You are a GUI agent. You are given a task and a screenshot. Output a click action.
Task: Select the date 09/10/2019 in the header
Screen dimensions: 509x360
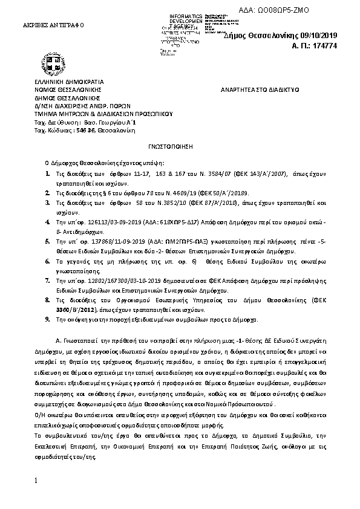pyautogui.click(x=330, y=36)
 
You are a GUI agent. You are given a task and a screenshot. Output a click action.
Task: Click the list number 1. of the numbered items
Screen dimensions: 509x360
pyautogui.click(x=49, y=173)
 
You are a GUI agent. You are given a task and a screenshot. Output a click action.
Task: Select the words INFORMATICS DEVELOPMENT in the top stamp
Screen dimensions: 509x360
pyautogui.click(x=190, y=16)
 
